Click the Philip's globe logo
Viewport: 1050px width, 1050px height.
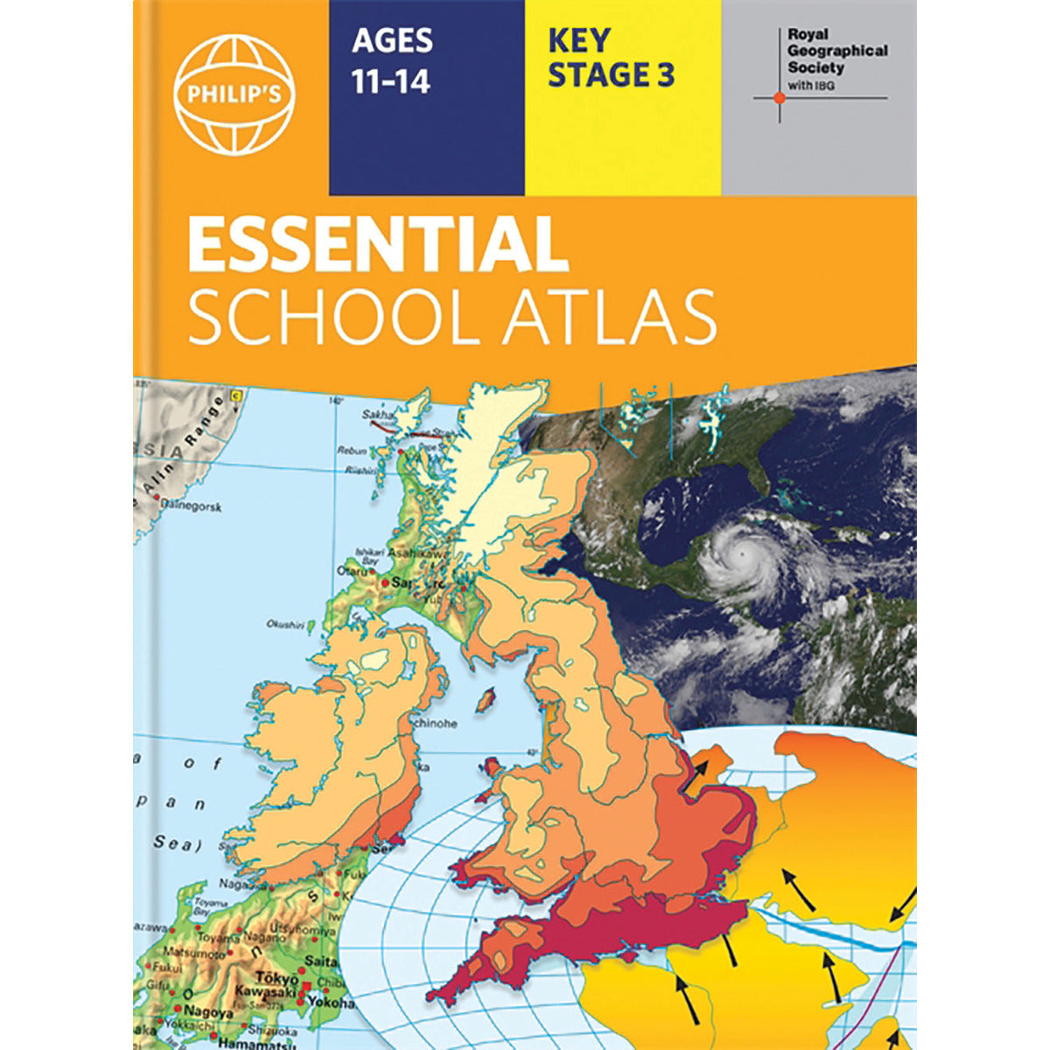click(x=234, y=94)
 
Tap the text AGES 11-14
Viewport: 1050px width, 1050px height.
click(x=391, y=59)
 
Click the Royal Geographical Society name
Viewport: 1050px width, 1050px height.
click(x=836, y=51)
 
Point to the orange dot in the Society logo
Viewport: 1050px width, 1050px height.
click(x=780, y=98)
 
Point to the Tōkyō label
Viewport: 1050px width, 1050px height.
click(x=274, y=978)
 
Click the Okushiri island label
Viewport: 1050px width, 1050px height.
click(x=286, y=625)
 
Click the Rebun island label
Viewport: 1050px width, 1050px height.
click(x=352, y=451)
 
